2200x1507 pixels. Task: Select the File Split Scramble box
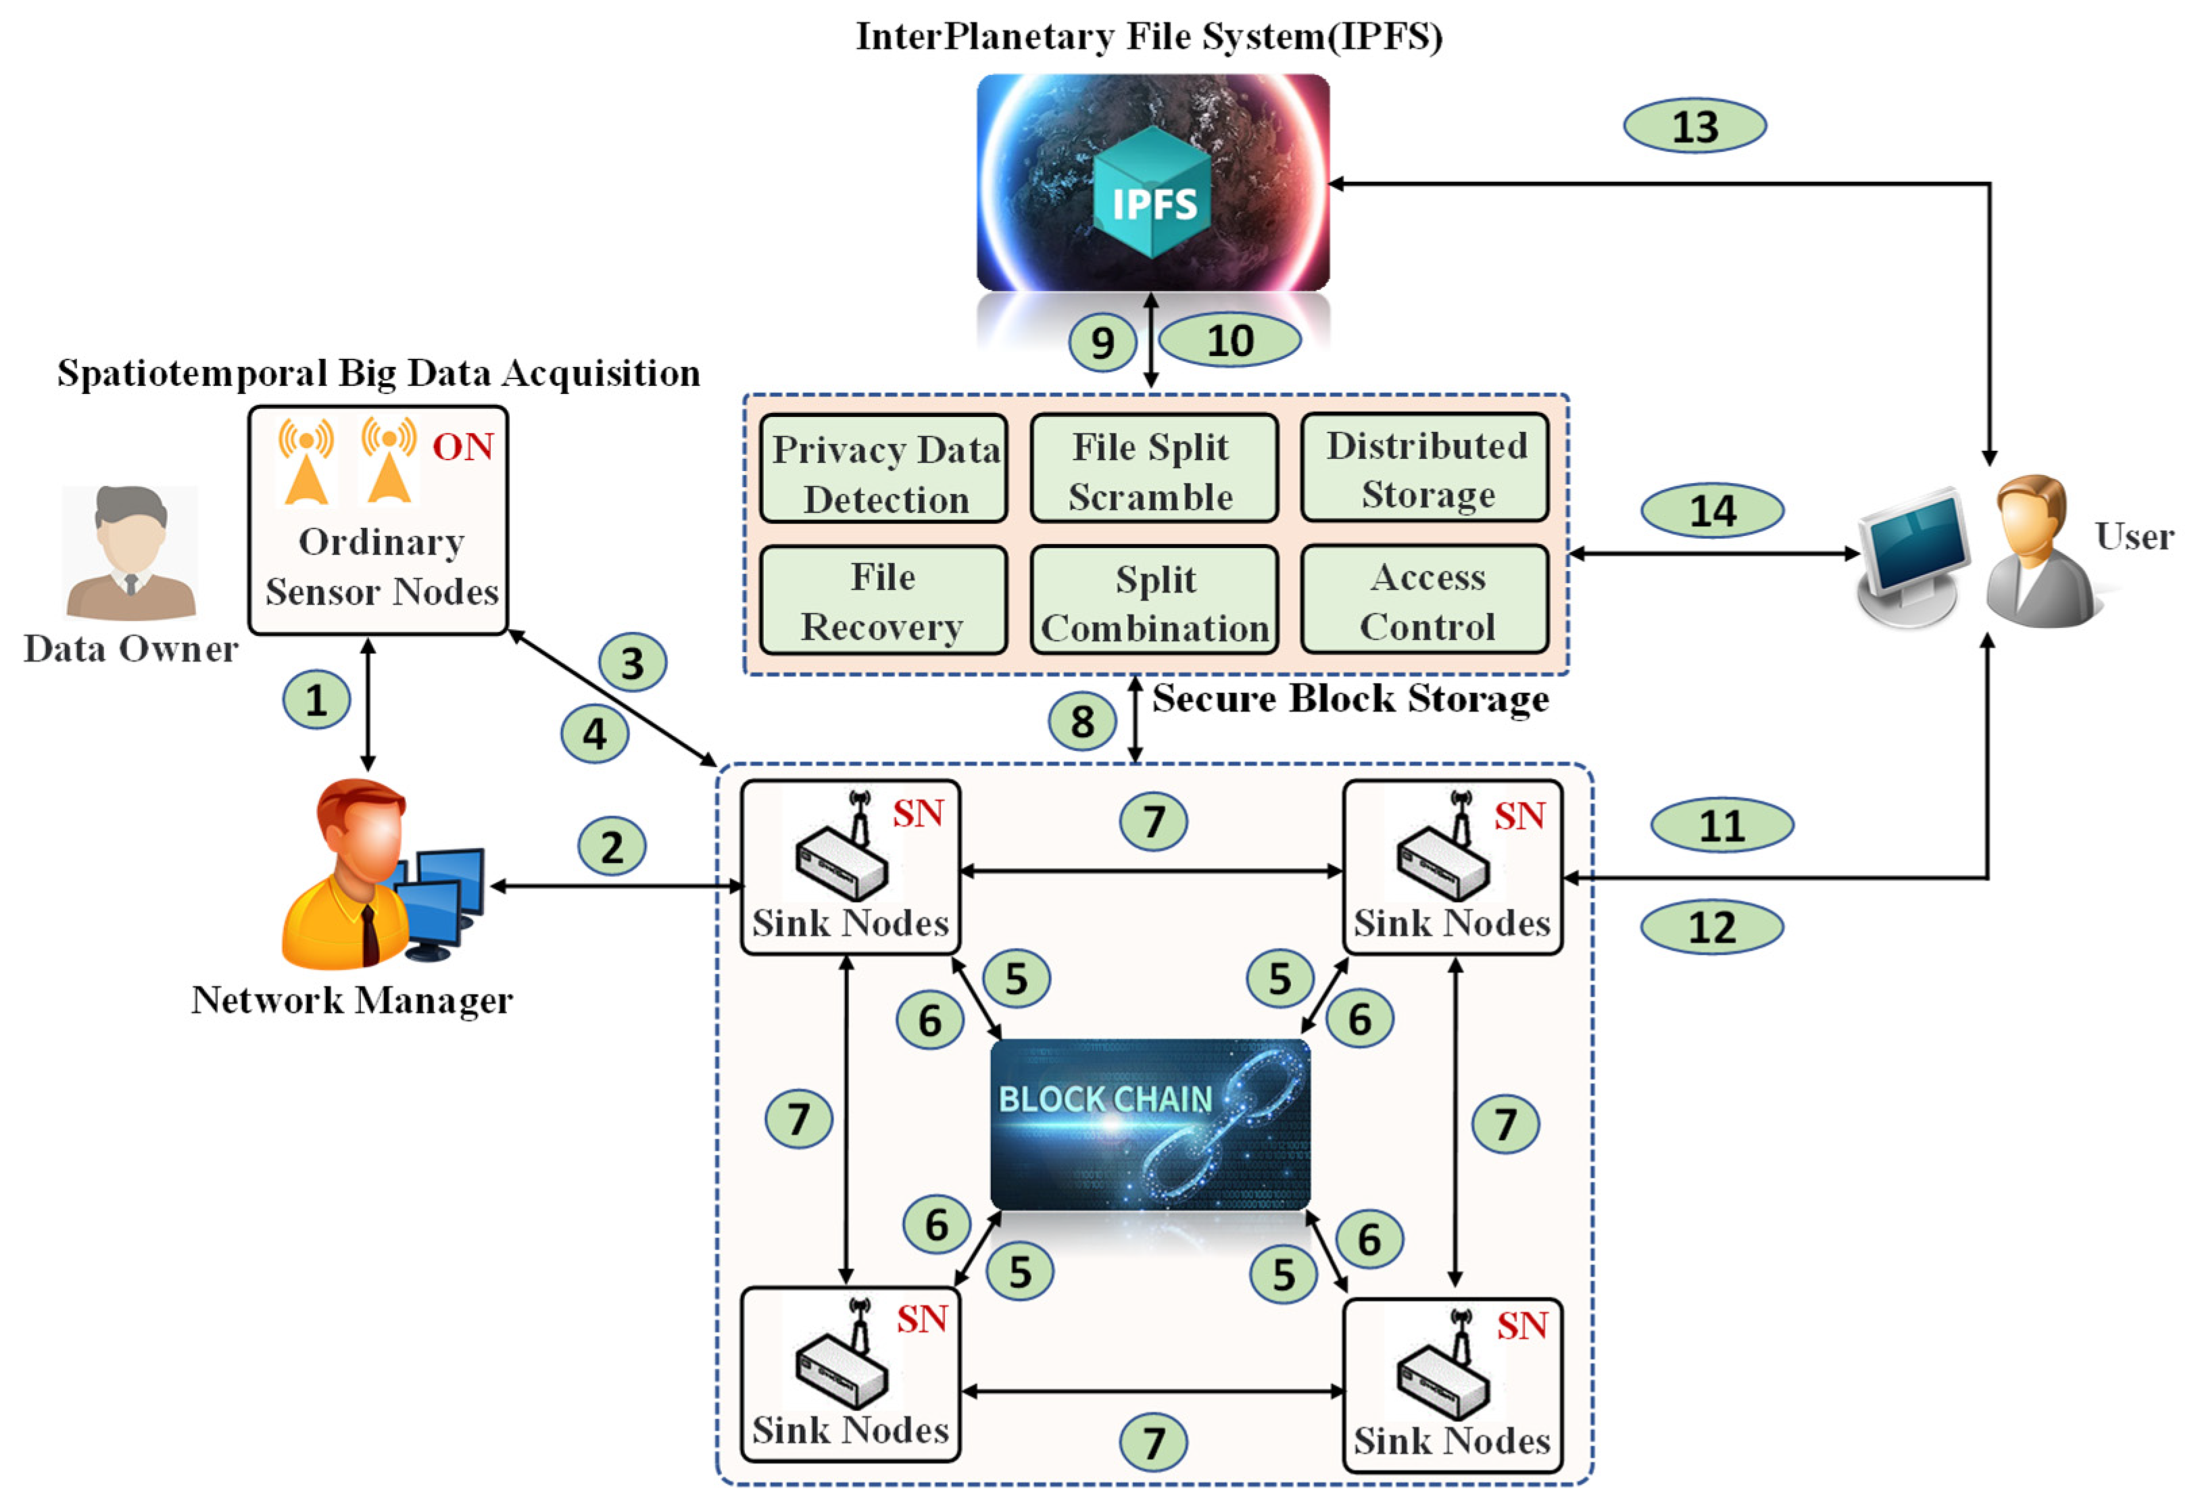pyautogui.click(x=1153, y=468)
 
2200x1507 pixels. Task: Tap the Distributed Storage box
pyautogui.click(x=1425, y=468)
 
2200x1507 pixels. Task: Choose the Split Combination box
pyautogui.click(x=1153, y=601)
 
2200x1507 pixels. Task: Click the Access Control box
pyautogui.click(x=1425, y=600)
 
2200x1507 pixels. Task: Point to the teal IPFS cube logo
pyautogui.click(x=1152, y=194)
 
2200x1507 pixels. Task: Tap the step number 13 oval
pyautogui.click(x=1694, y=126)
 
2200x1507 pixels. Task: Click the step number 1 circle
pyautogui.click(x=316, y=699)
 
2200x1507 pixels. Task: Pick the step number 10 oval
pyautogui.click(x=1229, y=340)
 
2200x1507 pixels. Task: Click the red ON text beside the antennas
pyautogui.click(x=463, y=447)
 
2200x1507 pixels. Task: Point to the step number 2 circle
pyautogui.click(x=612, y=846)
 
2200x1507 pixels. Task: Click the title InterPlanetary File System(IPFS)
pyautogui.click(x=1149, y=37)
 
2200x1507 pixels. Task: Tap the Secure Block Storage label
pyautogui.click(x=1350, y=699)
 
